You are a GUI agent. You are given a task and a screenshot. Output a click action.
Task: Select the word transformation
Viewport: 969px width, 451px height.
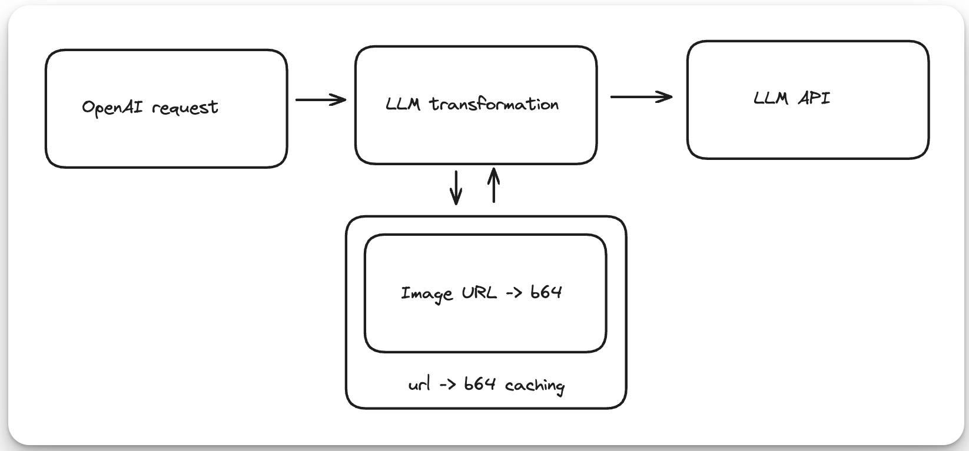pos(494,105)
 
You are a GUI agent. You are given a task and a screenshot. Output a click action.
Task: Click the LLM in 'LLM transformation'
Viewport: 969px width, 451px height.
pos(403,105)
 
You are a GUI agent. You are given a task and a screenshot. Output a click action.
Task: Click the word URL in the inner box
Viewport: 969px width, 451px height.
pos(479,292)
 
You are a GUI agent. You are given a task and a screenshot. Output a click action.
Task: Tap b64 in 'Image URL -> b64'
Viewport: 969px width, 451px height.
pos(546,292)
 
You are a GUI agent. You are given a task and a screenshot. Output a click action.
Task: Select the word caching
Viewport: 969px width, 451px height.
pos(535,386)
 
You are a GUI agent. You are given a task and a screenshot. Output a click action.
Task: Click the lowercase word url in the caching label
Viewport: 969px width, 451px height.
pos(419,385)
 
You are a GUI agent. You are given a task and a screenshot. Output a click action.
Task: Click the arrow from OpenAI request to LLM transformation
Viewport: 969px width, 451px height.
pos(320,100)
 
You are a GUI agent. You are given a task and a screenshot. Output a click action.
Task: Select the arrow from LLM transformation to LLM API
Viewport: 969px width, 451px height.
pos(641,96)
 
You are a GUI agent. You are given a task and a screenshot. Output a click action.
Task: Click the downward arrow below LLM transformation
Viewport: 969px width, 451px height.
pos(456,188)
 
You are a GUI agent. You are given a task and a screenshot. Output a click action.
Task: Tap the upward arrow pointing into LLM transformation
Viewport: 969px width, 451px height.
pos(494,185)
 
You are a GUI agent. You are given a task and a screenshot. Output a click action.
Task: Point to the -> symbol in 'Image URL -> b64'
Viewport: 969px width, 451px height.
pos(513,293)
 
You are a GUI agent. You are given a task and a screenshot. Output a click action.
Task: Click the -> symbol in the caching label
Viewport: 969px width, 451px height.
pos(446,385)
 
